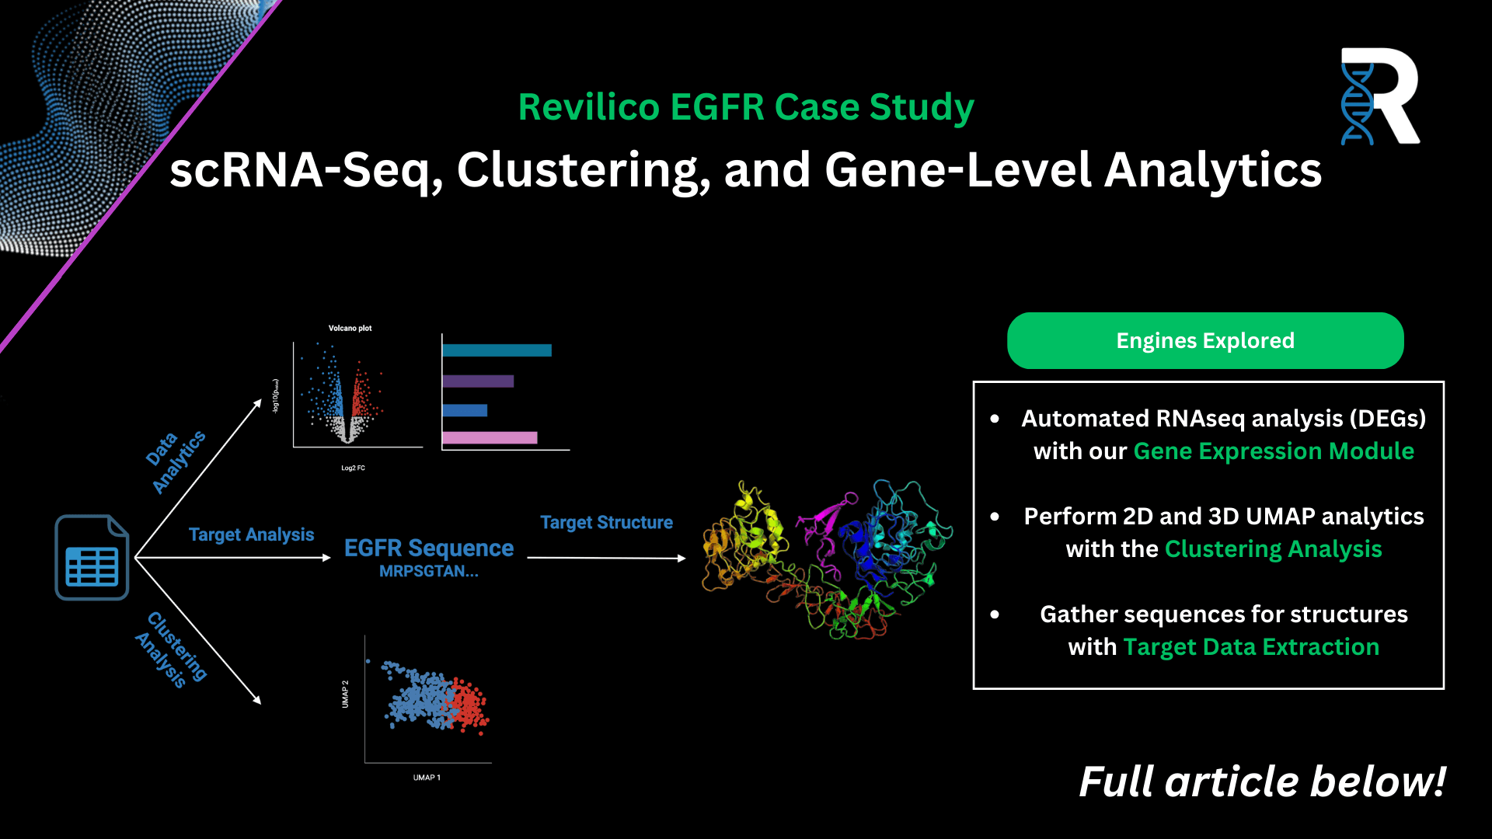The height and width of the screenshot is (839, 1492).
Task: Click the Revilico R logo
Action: pyautogui.click(x=1380, y=96)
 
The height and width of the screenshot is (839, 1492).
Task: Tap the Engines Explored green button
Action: pyautogui.click(x=1205, y=340)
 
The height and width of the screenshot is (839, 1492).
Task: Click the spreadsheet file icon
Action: pyautogui.click(x=92, y=557)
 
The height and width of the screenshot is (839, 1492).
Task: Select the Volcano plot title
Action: pyautogui.click(x=350, y=329)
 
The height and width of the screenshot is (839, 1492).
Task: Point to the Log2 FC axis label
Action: pyautogui.click(x=353, y=468)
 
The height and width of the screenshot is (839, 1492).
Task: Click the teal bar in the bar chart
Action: pyautogui.click(x=497, y=350)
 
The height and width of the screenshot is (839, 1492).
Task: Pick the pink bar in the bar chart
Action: pyautogui.click(x=490, y=438)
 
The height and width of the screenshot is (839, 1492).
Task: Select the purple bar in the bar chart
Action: pyautogui.click(x=478, y=381)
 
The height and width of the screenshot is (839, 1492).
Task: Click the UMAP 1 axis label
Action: pyautogui.click(x=427, y=778)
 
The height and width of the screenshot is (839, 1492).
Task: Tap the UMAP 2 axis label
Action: pyautogui.click(x=345, y=694)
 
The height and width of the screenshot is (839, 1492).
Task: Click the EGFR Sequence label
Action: pyautogui.click(x=429, y=548)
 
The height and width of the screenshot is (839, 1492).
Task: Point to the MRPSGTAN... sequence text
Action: pyautogui.click(x=429, y=572)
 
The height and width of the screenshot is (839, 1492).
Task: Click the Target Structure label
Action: pyautogui.click(x=607, y=523)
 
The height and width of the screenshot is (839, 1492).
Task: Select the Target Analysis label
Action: pyautogui.click(x=252, y=534)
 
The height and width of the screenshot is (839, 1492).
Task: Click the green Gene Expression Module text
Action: pyautogui.click(x=1274, y=451)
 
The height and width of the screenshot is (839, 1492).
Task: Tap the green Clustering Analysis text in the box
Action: pyautogui.click(x=1274, y=549)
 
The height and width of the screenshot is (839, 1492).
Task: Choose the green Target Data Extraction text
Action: pyautogui.click(x=1251, y=647)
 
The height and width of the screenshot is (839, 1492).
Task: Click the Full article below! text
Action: pyautogui.click(x=1263, y=782)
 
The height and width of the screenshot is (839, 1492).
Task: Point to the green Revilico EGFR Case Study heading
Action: pyautogui.click(x=746, y=107)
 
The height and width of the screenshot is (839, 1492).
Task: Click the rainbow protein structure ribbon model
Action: pyautogui.click(x=828, y=559)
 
